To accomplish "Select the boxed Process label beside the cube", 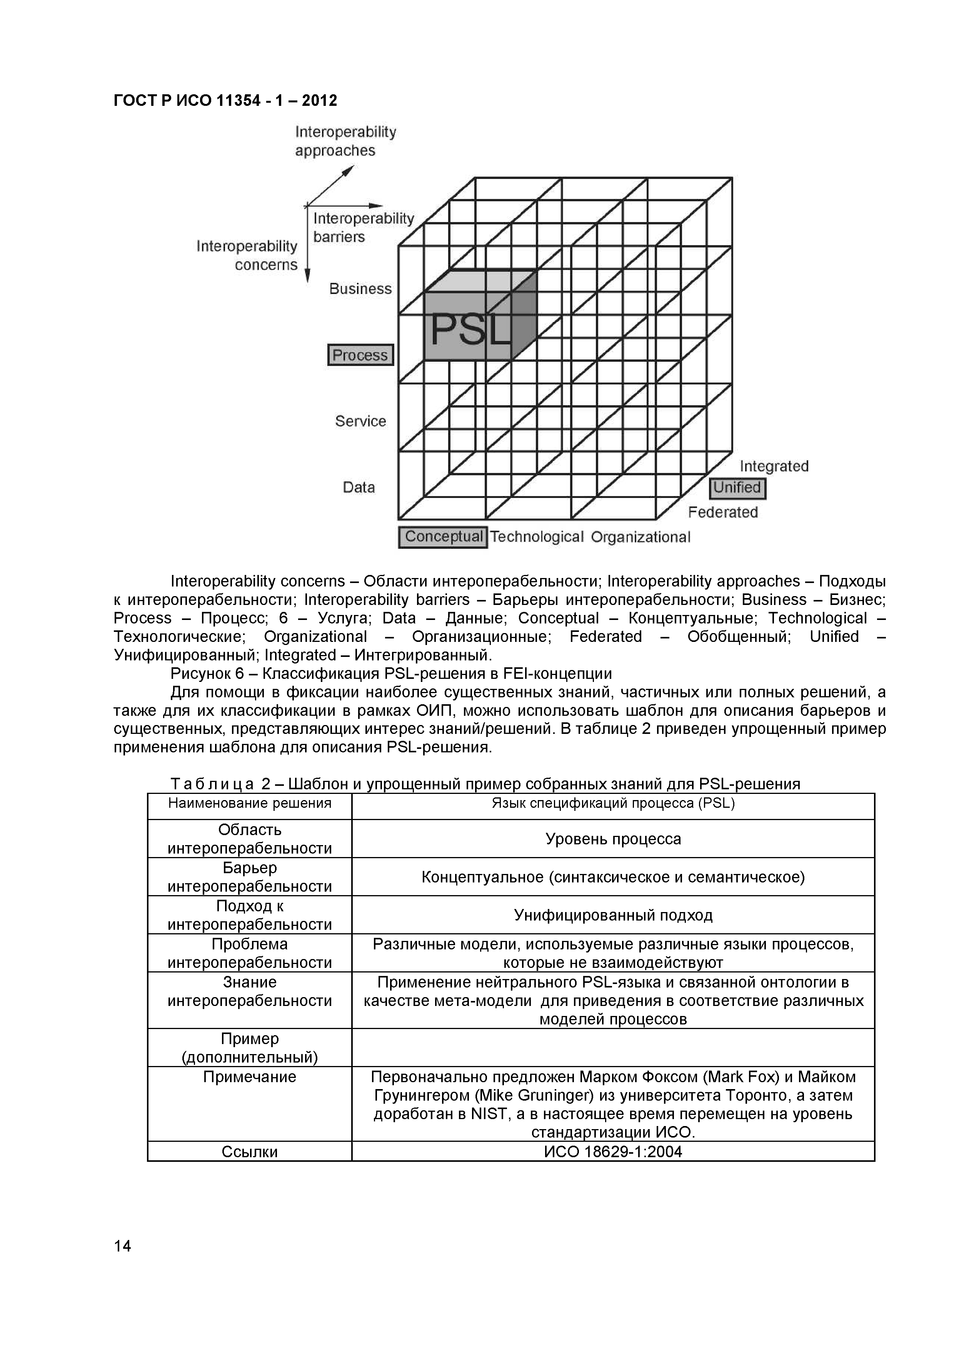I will coord(360,355).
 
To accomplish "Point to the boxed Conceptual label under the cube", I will coord(443,537).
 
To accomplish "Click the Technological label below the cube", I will coord(537,537).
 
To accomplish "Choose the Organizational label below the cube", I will coord(640,537).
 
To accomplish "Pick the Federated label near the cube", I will coord(723,512).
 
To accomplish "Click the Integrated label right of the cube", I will coord(774,466).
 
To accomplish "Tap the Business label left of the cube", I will coord(360,289).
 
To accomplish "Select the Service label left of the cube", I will coord(360,421).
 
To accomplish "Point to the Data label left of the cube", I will coord(359,488).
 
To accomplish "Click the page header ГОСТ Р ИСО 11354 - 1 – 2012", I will coord(225,100).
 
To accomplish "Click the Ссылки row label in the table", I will coord(249,1152).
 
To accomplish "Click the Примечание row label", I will coord(249,1077).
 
